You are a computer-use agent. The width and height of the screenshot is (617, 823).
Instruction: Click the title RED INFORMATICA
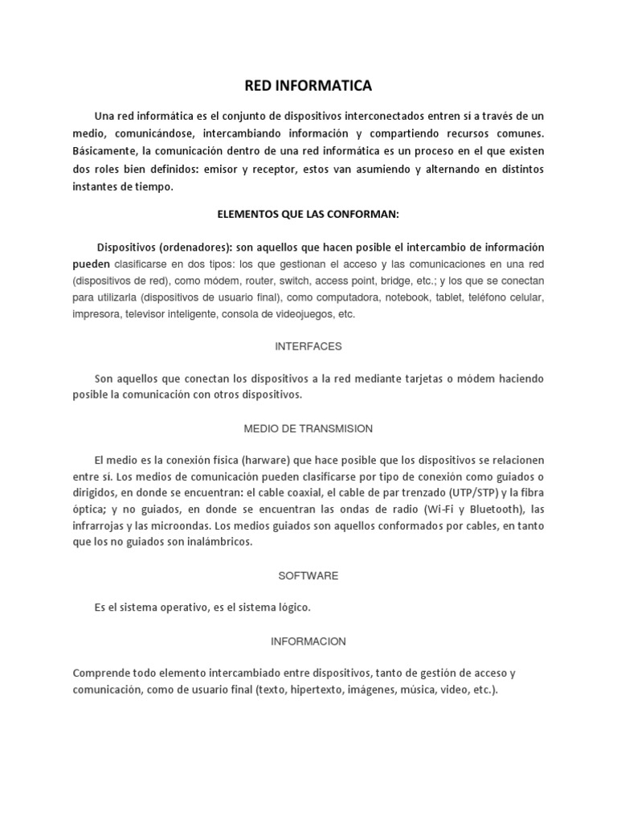308,84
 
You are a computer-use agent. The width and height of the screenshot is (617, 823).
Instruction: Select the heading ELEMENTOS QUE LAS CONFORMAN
308,215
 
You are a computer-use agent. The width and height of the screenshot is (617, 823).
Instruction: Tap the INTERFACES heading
308,346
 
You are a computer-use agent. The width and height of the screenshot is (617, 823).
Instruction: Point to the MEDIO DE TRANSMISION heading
308,428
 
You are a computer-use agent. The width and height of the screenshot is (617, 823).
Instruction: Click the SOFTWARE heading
308,575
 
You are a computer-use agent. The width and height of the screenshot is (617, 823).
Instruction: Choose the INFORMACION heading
308,641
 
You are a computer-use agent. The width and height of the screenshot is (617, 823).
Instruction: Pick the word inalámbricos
217,542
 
